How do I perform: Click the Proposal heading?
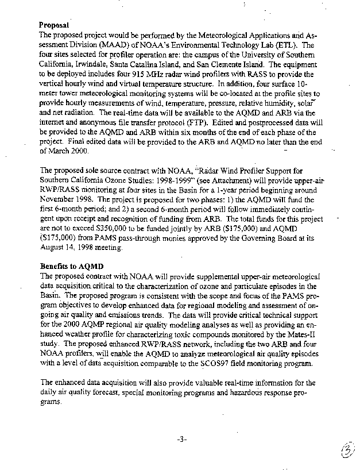(54, 25)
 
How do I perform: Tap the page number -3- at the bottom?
(181, 440)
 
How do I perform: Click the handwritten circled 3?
(346, 451)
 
